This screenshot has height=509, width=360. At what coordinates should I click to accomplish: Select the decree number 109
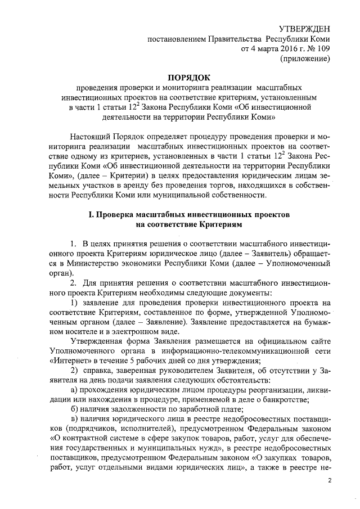click(x=322, y=49)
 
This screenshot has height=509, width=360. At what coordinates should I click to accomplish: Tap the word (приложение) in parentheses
click(x=304, y=59)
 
